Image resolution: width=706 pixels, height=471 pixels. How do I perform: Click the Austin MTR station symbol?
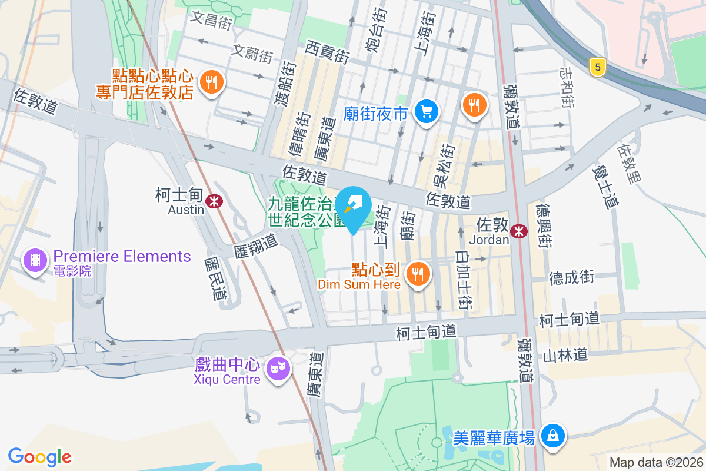[x=214, y=201]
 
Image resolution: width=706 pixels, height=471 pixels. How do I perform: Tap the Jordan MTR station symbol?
[x=518, y=231]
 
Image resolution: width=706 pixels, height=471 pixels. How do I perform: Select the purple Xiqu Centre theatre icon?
[x=277, y=369]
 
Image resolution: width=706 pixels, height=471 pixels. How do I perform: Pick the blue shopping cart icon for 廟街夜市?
[x=426, y=112]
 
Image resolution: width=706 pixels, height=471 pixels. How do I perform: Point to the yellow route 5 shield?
[x=597, y=67]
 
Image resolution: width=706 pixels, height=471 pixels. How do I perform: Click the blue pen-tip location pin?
[x=354, y=207]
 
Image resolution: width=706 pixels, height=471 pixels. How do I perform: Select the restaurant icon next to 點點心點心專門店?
[x=211, y=82]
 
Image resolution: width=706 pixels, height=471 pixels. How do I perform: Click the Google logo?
[x=40, y=457]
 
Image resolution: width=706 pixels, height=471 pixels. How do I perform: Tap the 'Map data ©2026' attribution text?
[x=656, y=462]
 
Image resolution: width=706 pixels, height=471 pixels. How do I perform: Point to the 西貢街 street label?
[x=328, y=51]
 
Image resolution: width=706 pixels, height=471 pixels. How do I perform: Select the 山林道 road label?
[x=565, y=355]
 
